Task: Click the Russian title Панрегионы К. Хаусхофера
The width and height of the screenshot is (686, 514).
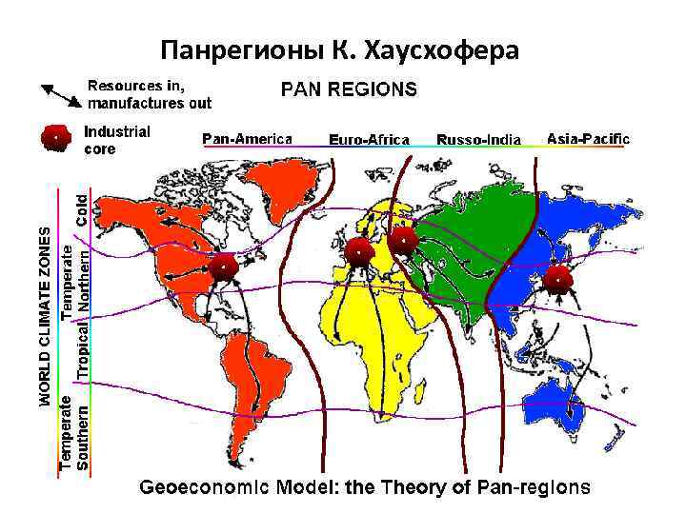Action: coord(340,49)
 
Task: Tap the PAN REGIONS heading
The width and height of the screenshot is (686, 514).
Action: coord(348,90)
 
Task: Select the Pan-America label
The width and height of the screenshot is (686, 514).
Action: coord(247,139)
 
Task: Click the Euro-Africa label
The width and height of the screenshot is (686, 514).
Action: coord(369,140)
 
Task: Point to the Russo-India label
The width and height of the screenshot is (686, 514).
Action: coord(478,140)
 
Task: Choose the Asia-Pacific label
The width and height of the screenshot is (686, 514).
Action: coord(588,139)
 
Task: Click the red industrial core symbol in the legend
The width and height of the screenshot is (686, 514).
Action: coord(57,139)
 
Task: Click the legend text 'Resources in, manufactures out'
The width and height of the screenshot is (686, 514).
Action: coord(150,93)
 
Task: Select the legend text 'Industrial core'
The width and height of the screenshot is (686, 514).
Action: coord(117,140)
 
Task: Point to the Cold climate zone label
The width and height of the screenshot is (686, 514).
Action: coord(83,208)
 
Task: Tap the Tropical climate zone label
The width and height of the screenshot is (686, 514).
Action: coord(83,347)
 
